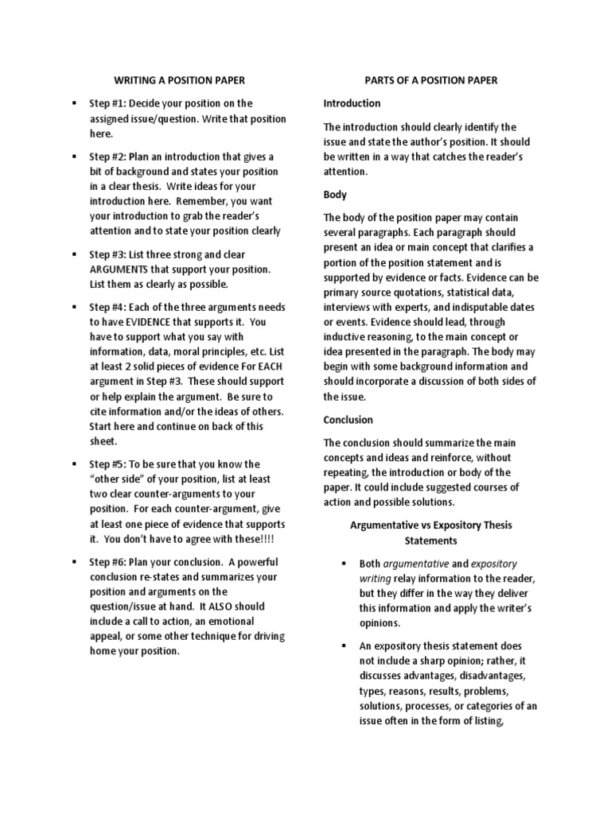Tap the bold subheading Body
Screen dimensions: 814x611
(334, 194)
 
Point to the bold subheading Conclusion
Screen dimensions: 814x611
(348, 420)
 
